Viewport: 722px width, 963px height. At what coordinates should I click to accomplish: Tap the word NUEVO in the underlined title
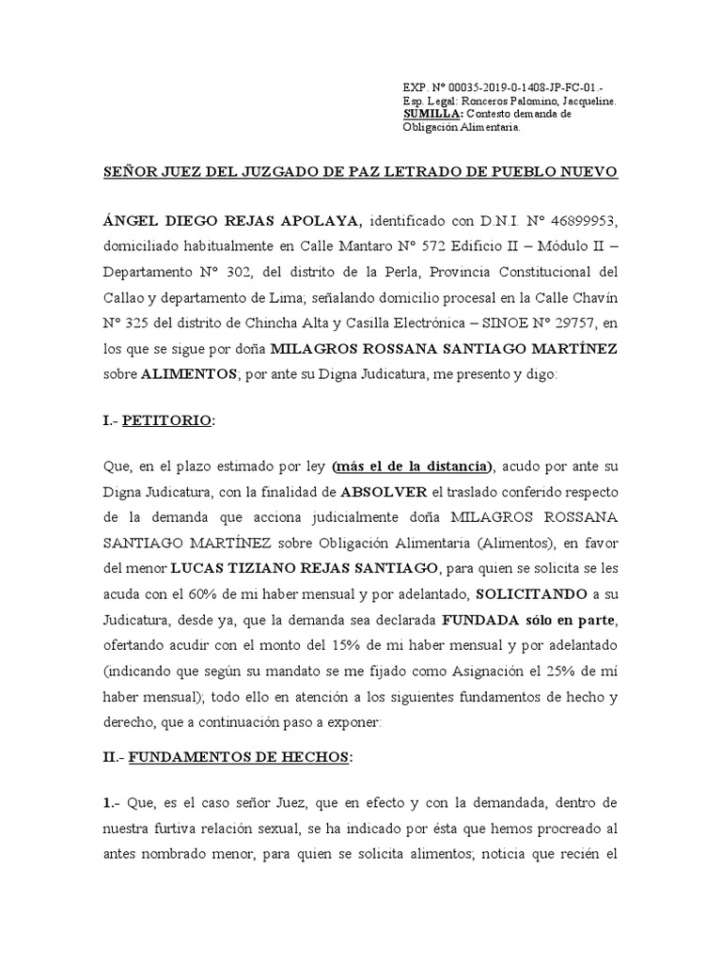click(585, 173)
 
